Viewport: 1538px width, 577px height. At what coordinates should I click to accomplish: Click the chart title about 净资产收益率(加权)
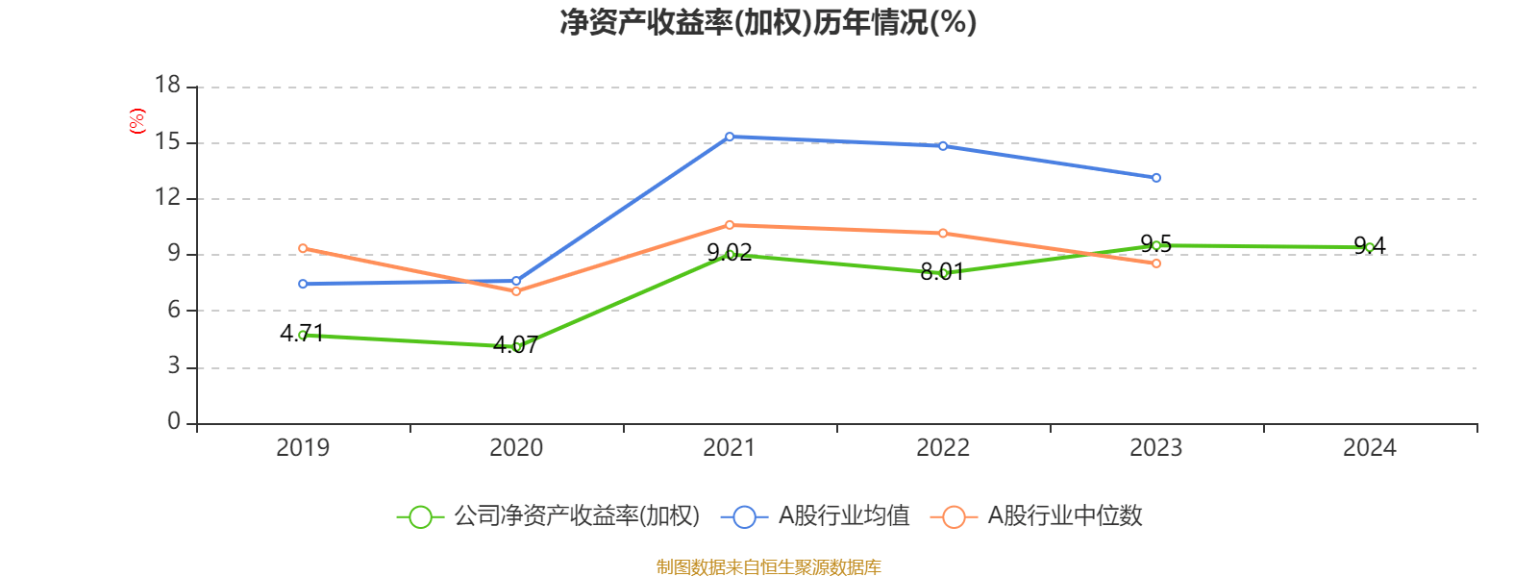(x=768, y=22)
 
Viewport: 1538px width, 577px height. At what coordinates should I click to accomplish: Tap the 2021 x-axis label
(x=729, y=447)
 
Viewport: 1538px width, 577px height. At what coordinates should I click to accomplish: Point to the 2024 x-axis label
(x=1369, y=447)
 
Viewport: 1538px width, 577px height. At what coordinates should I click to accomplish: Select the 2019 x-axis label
(x=303, y=447)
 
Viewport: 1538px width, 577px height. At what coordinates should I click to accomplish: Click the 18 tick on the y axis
(x=168, y=86)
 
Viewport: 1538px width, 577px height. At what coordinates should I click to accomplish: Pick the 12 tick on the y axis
(x=168, y=197)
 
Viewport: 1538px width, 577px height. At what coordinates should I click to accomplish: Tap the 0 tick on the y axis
(x=174, y=421)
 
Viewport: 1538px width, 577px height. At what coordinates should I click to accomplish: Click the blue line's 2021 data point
(x=730, y=137)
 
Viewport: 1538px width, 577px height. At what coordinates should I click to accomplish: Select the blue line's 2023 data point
(x=1156, y=178)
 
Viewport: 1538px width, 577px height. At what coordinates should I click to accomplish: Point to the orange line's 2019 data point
(x=303, y=248)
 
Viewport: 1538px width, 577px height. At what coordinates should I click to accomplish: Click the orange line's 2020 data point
(x=516, y=290)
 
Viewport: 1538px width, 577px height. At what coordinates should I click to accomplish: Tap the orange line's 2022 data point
(x=943, y=233)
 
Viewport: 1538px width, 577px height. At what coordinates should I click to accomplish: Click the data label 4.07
(x=515, y=345)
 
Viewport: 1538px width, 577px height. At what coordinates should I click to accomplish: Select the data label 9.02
(x=729, y=253)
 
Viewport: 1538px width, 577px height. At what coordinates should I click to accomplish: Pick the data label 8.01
(x=942, y=272)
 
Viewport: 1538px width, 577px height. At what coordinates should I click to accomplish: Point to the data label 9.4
(x=1369, y=245)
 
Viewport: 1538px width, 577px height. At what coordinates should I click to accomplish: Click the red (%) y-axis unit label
(x=137, y=121)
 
